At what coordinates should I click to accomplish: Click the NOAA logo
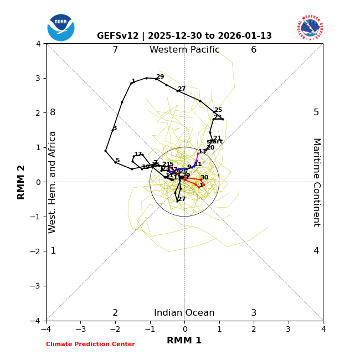coord(61,28)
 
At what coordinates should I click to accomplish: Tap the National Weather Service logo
coord(310,28)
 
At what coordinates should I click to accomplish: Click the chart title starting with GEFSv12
coord(184,36)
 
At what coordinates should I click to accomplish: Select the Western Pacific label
coord(184,50)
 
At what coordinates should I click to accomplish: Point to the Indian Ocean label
coord(184,313)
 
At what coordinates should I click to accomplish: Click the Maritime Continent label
coord(316,182)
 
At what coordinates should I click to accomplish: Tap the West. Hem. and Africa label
coord(53,182)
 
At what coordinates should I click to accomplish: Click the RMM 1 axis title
coord(184,341)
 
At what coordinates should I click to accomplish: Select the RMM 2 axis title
coord(22,182)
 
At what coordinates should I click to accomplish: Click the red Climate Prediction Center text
coord(90,344)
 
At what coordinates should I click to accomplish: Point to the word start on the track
coord(214,142)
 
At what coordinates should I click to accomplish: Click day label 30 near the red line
coord(204,178)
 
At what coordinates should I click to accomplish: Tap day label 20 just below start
coord(210,148)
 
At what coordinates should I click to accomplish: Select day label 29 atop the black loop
coord(160,77)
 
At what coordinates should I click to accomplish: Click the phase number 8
coord(53,112)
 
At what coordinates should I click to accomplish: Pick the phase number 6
coord(254,50)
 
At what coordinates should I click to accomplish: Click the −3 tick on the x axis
coord(80,329)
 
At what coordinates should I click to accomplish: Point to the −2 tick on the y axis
coord(37,251)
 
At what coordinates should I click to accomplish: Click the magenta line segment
coord(197,157)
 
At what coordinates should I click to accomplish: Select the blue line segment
coord(183,169)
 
